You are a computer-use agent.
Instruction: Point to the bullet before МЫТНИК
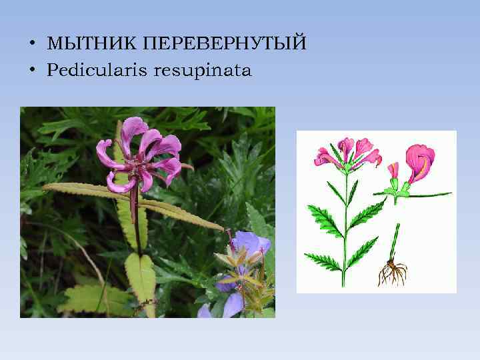point(31,44)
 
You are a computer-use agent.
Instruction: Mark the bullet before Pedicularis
point(31,70)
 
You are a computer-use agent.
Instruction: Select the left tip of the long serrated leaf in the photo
point(44,187)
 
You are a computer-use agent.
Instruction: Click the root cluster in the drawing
point(392,273)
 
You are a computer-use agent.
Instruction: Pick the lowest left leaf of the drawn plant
point(322,260)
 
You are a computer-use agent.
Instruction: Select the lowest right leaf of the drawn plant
point(363,252)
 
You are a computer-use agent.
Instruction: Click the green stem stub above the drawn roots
point(395,241)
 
